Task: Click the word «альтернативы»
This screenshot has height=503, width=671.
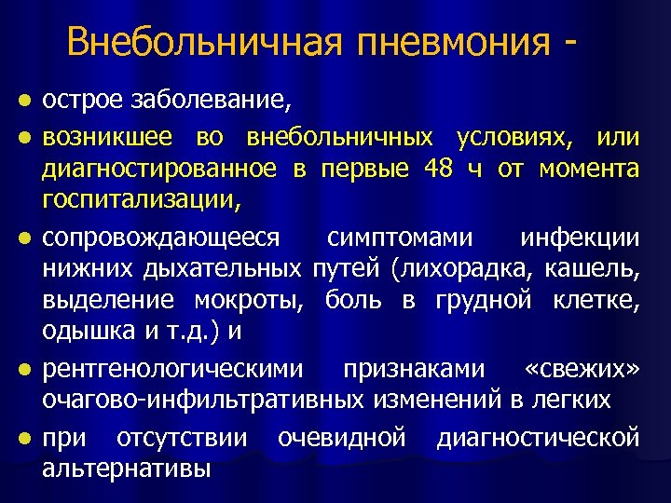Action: click(x=126, y=469)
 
